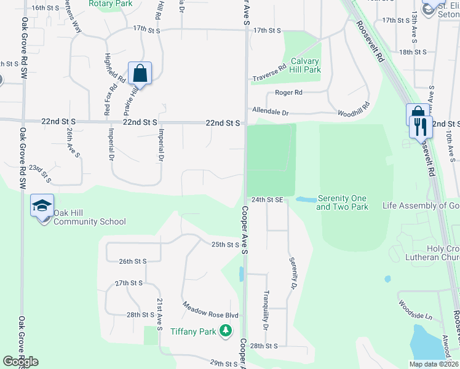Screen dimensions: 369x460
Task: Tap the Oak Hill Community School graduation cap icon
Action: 42,205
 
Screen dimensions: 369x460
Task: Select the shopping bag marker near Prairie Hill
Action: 140,73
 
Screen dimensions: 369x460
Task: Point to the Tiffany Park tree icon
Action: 226,331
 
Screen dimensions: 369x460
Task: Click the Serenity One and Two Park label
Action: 342,202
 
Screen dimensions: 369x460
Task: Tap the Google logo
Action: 20,362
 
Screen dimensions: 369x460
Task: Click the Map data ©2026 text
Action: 434,364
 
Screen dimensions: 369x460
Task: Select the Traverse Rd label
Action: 269,73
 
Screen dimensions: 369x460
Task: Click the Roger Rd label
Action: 288,93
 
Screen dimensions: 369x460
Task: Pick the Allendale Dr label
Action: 270,112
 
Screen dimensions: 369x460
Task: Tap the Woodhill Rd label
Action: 353,113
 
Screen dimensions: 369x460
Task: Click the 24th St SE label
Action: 267,200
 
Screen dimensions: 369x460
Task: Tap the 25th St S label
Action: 225,245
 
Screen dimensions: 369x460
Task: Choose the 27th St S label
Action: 129,283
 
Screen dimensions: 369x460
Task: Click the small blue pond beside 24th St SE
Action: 304,199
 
